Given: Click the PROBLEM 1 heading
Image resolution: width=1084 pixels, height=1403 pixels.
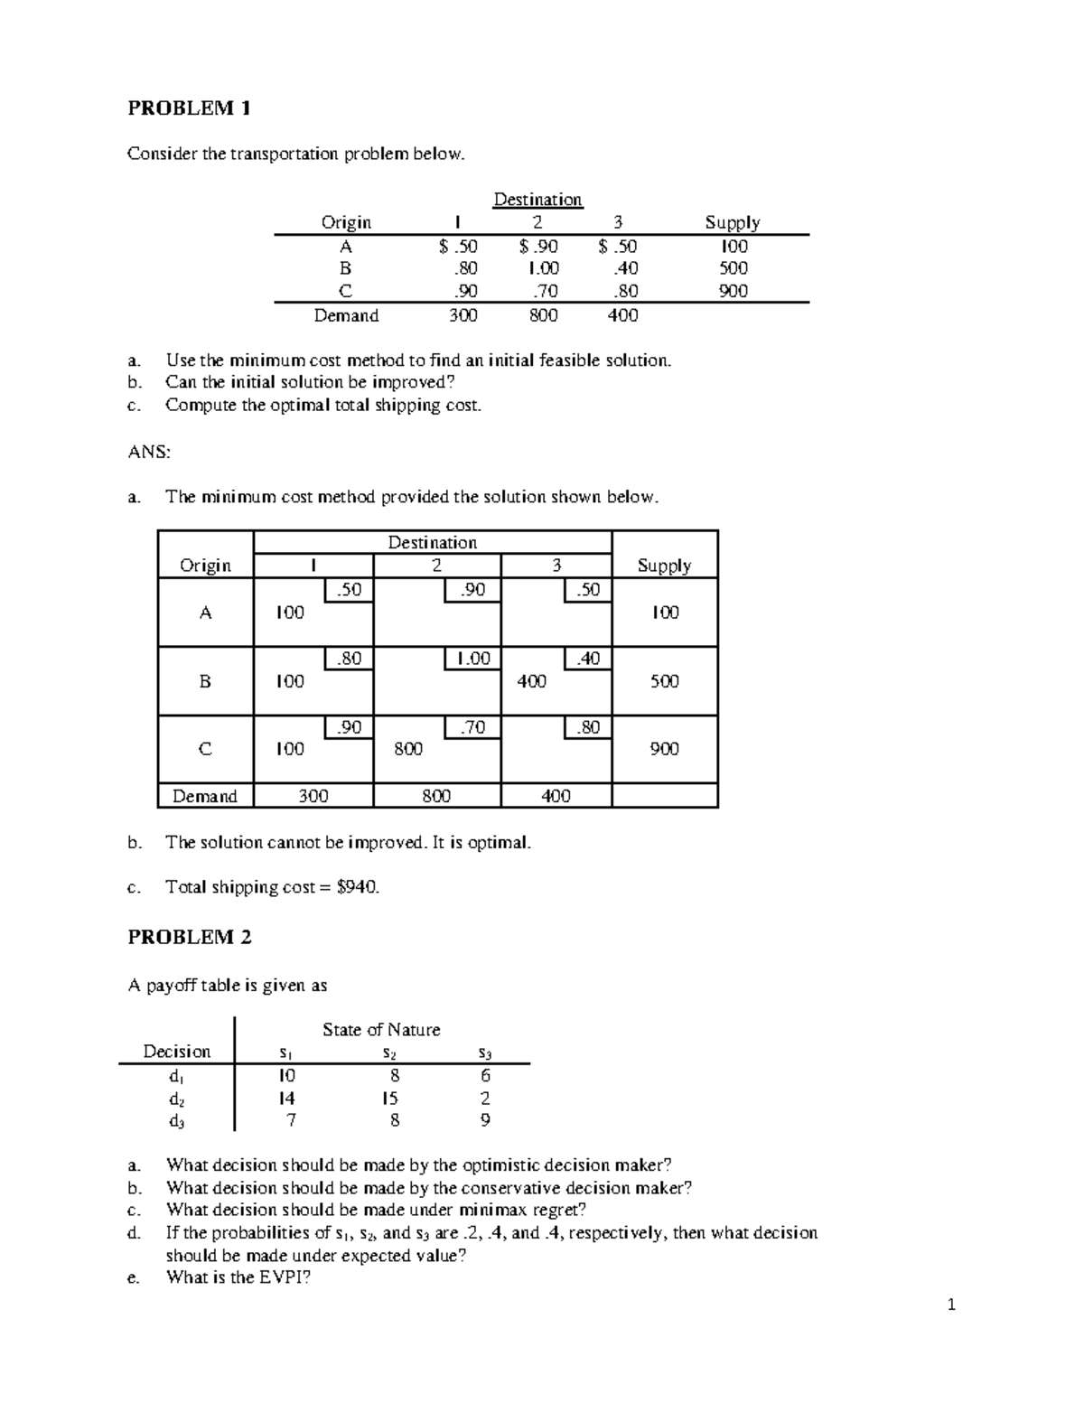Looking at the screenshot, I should pos(189,108).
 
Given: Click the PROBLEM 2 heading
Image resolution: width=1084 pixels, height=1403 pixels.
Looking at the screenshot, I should pos(190,937).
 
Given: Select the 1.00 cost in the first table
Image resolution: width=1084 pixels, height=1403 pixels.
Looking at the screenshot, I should pos(543,268).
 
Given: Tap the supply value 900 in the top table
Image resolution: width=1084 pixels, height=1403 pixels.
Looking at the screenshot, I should pos(733,291).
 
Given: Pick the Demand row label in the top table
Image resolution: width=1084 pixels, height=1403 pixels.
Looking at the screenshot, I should pos(346,315).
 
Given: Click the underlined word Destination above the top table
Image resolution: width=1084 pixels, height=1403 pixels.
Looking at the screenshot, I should pos(537,199).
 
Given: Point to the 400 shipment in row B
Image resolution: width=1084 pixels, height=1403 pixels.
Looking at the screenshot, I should pos(531,681).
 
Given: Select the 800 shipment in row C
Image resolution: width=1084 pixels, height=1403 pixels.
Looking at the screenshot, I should pos(408,749).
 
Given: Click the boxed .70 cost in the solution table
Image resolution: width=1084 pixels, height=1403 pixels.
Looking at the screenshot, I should pos(472,727).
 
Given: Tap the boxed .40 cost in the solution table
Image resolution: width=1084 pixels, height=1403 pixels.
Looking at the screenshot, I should pos(588,659).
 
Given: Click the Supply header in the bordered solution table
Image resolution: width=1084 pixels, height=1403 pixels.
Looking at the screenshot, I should pos(664,566).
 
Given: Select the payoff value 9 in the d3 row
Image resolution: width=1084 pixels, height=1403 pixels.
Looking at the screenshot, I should pos(485,1121).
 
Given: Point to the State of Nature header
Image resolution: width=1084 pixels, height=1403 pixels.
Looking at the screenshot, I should pos(381,1030).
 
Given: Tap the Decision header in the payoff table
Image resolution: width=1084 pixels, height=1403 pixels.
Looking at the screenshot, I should pos(177,1052).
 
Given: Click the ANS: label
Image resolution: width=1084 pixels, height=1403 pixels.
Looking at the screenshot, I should pos(149,453).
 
